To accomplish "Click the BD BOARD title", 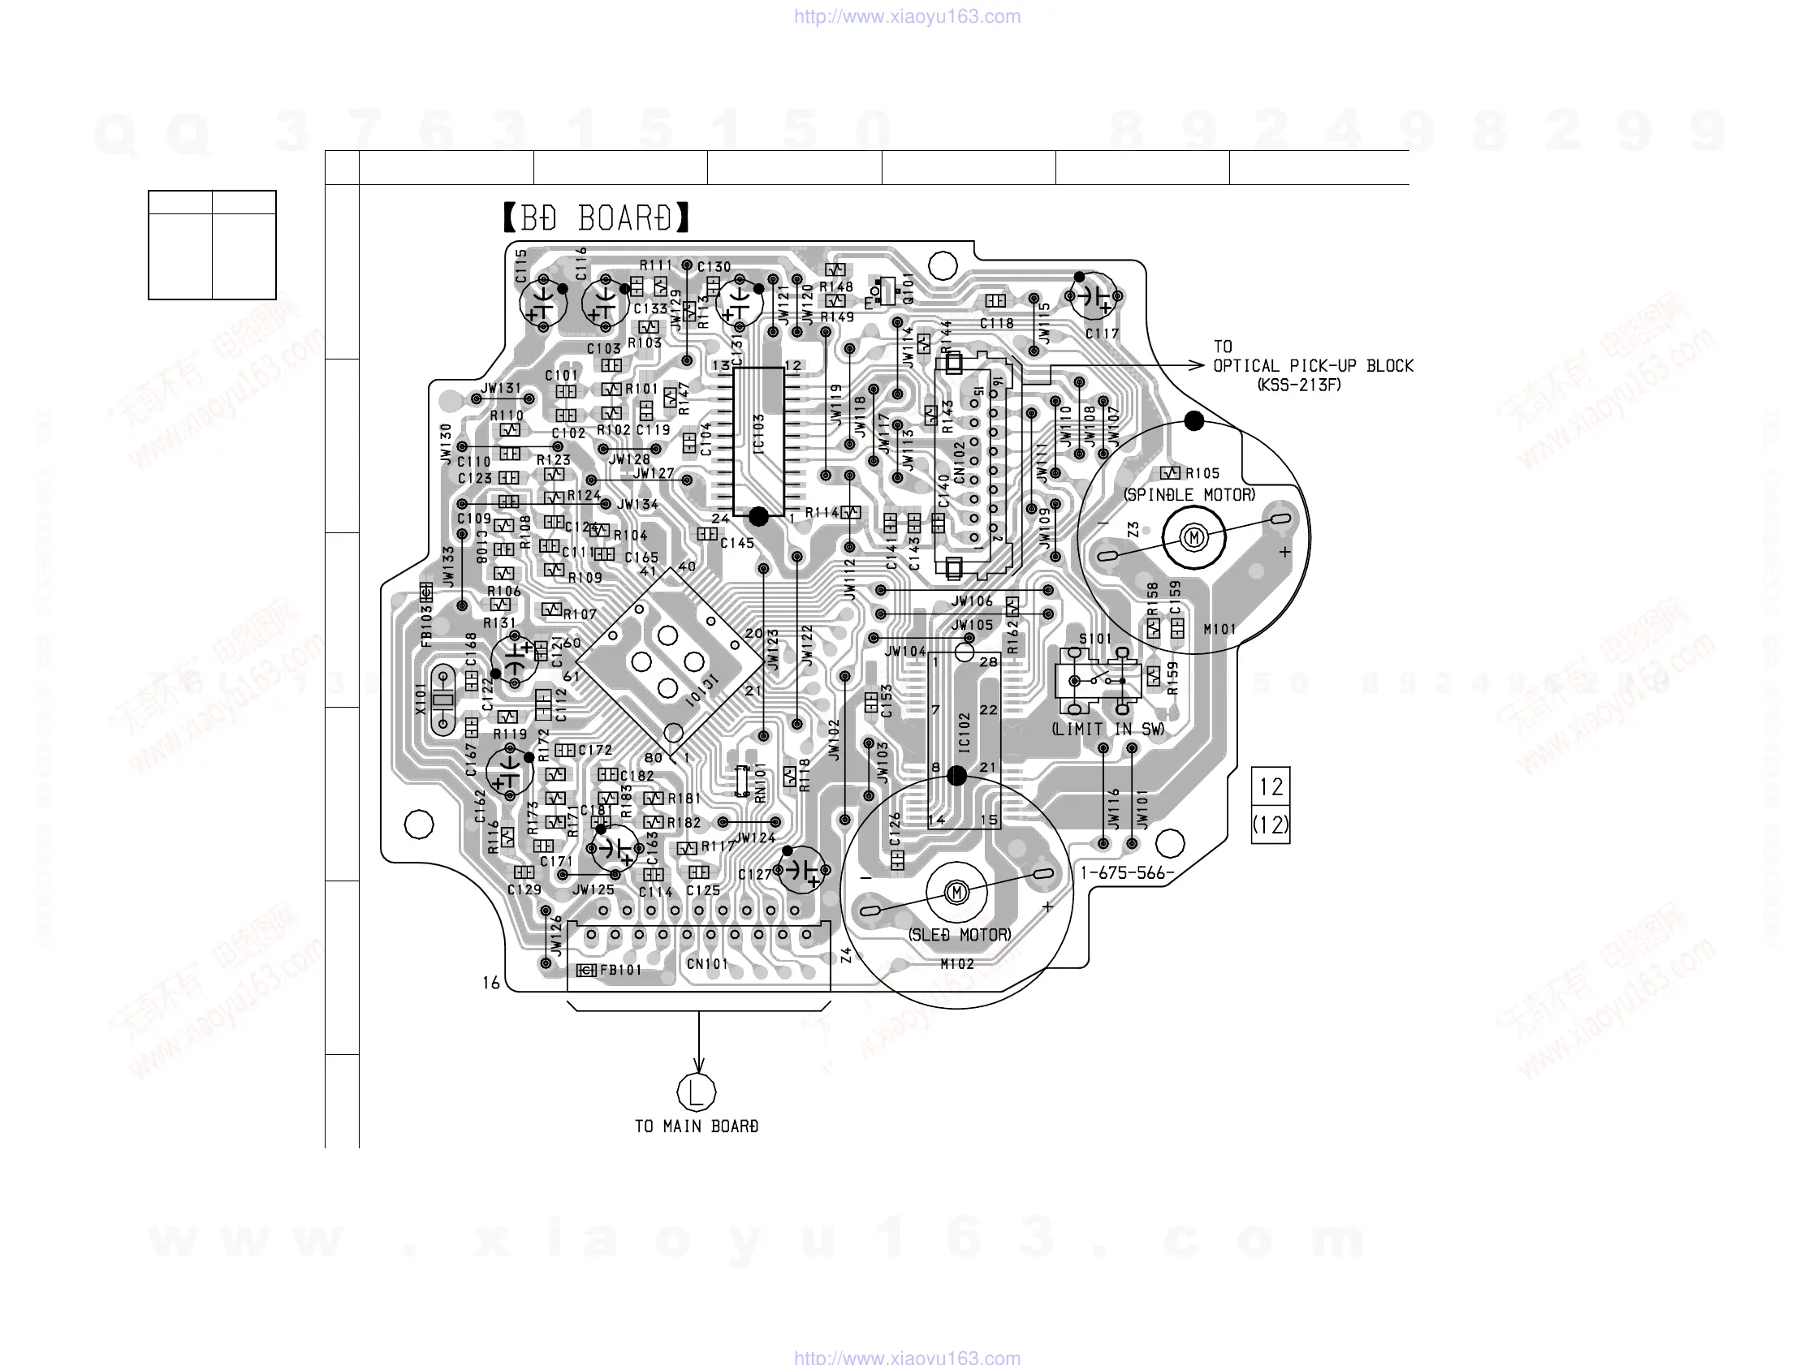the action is tap(596, 218).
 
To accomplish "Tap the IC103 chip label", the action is tap(758, 433).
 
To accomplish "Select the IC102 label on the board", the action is tap(965, 732).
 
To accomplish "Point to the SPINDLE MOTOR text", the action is tap(1189, 494).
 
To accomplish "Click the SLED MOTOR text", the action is tap(960, 935).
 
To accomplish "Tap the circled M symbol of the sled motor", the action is tap(956, 893).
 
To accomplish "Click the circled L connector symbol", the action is tap(697, 1092).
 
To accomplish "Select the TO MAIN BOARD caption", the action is tap(697, 1126).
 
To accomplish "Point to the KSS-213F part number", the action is tap(1300, 385).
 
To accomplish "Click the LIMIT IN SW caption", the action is tap(1108, 730).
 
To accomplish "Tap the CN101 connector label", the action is tap(707, 963).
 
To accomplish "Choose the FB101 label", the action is tap(620, 970).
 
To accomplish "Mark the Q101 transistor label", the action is tap(908, 288).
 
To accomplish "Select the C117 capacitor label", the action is tap(1102, 334).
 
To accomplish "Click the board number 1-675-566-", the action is tap(1127, 873).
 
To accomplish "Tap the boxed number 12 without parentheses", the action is tap(1271, 787).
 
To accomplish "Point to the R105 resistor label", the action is tap(1201, 473).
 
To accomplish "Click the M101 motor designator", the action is tap(1219, 629).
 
